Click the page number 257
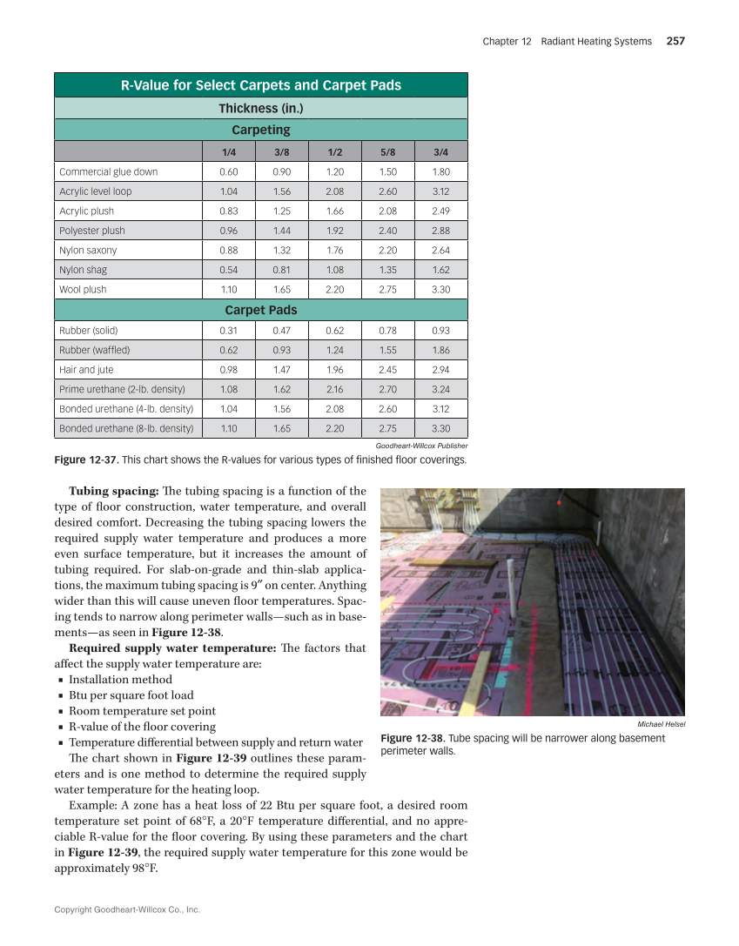[x=675, y=41]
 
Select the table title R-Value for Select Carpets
[x=261, y=85]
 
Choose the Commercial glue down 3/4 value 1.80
[x=441, y=171]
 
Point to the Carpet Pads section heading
[x=261, y=310]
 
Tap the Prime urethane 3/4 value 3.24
[x=441, y=389]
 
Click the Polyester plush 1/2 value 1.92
[x=334, y=231]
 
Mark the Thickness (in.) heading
[x=261, y=108]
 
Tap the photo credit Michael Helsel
[x=661, y=724]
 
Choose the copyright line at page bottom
[x=127, y=909]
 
